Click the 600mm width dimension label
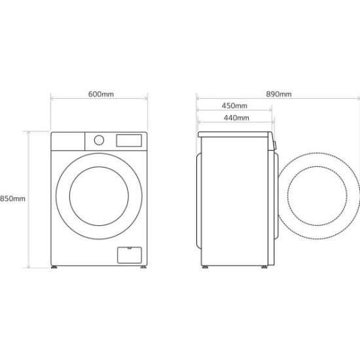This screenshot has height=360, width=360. (x=101, y=94)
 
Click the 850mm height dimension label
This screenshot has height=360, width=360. (x=12, y=198)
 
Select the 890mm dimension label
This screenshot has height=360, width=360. (x=279, y=94)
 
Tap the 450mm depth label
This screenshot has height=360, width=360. (x=234, y=106)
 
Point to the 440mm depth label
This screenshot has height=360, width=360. (x=236, y=118)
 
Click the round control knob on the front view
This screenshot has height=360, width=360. (x=99, y=140)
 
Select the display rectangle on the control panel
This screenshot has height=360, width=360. (x=129, y=141)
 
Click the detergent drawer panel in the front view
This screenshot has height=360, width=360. (x=68, y=141)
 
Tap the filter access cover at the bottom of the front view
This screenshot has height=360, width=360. (x=130, y=255)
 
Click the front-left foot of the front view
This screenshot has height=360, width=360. (x=54, y=267)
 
